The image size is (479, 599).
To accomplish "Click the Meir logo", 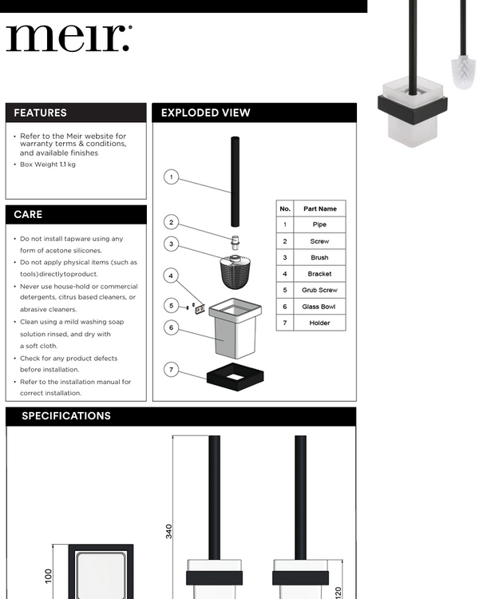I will tap(69, 38).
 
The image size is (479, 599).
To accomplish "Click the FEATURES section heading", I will tap(40, 113).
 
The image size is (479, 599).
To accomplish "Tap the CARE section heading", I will tap(28, 214).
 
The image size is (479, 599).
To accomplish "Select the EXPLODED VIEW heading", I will tap(205, 113).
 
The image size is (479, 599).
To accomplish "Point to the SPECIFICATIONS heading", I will tap(65, 416).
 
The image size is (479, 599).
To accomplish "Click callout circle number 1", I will tap(171, 177).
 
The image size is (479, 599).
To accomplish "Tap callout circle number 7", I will tap(171, 369).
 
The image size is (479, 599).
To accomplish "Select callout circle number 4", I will tap(171, 276).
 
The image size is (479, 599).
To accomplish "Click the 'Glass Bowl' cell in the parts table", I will tap(319, 307).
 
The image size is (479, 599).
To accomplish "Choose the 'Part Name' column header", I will tap(319, 208).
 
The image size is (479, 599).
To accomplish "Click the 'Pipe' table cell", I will tap(319, 225).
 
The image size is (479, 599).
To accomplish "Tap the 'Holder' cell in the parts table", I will tap(319, 323).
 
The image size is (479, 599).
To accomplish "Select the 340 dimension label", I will tap(169, 531).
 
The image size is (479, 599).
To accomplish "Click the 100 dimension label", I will tap(48, 576).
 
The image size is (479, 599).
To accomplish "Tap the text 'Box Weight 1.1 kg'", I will tap(48, 165).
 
